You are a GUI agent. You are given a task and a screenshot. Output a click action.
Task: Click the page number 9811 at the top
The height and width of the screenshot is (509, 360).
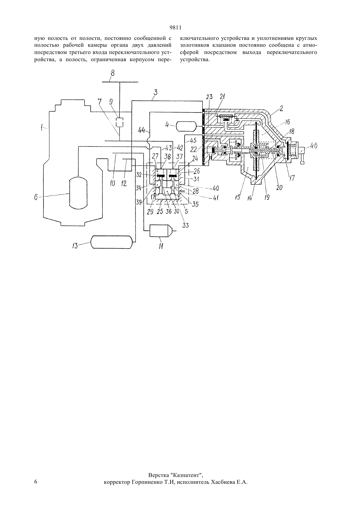pos(175,28)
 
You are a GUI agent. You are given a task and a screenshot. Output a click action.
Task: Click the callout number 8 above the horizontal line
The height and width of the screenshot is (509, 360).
pos(113,73)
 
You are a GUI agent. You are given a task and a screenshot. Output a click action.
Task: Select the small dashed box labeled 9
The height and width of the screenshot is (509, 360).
pos(119,122)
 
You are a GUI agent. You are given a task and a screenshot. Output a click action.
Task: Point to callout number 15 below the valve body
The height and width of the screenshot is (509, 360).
pos(237,197)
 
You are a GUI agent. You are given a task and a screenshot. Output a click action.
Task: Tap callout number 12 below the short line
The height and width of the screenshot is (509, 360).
pos(124,183)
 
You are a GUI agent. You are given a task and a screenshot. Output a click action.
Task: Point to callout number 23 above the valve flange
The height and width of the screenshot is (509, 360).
pos(209,97)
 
